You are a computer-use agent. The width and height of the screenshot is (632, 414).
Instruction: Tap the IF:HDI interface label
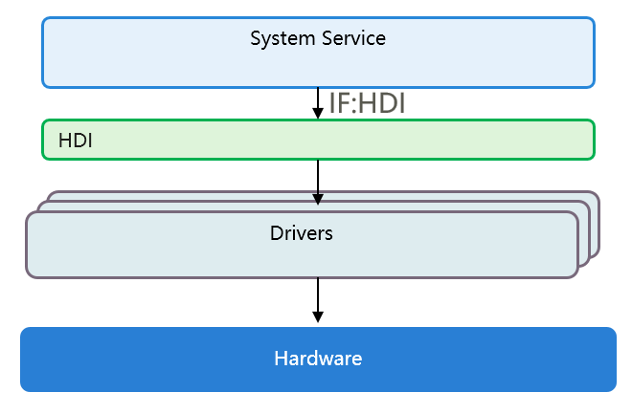pos(367,103)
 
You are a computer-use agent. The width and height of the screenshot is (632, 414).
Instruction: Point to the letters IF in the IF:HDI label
pos(338,103)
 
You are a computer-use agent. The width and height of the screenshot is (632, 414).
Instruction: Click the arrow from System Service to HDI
pos(318,98)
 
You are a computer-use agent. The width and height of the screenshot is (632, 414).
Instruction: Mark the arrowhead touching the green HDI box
pos(318,114)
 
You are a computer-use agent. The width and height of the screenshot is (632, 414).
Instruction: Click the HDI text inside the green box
pos(75,141)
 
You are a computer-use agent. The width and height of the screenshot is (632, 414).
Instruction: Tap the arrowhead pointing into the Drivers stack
pos(318,197)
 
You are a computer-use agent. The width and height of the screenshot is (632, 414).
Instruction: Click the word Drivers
pos(301,232)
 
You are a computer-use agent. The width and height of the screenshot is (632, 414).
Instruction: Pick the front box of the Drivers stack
pos(144,253)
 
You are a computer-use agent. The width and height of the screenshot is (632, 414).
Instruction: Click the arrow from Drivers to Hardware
pos(318,296)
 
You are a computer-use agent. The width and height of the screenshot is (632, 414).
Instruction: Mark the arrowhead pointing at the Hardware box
pos(318,316)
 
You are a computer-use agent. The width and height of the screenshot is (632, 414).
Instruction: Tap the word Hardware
pos(318,360)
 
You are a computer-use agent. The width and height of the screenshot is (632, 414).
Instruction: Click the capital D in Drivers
pos(276,232)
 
